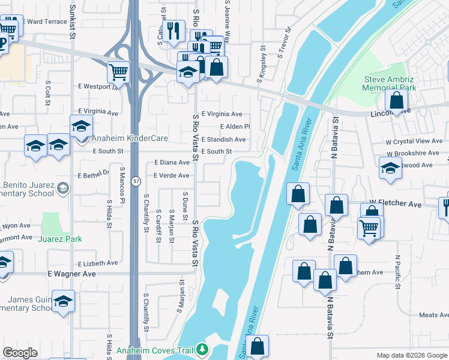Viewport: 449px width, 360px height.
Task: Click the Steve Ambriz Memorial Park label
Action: [389, 83]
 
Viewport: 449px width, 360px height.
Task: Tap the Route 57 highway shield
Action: [137, 181]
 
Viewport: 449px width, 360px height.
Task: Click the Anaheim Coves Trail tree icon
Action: [202, 349]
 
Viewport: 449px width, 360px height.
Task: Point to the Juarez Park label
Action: [60, 239]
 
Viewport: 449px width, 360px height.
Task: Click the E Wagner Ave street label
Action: [72, 274]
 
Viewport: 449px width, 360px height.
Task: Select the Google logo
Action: [20, 353]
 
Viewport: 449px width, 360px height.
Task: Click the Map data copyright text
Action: [411, 355]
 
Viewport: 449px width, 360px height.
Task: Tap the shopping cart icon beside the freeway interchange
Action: [119, 72]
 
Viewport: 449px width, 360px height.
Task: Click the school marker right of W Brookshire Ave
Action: [390, 168]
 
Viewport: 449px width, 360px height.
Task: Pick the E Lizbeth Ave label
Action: [98, 263]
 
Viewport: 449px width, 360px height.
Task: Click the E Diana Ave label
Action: [172, 163]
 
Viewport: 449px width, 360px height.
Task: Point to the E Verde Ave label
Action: [172, 176]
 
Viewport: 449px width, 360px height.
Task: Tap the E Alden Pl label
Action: [235, 127]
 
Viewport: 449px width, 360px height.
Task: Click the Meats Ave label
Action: [433, 315]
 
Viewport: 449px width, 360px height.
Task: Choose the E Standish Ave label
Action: [223, 139]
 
